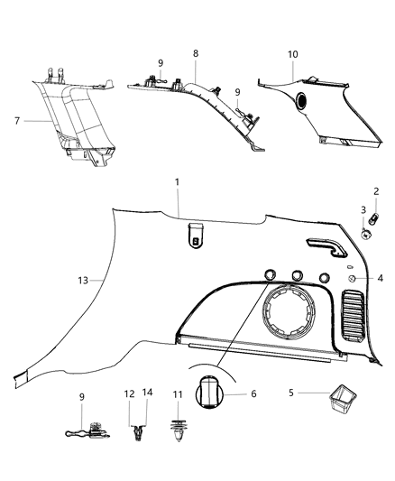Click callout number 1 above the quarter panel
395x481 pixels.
click(x=177, y=182)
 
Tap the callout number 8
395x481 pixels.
click(x=195, y=54)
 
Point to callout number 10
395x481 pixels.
click(x=292, y=54)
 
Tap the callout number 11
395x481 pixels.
click(x=178, y=393)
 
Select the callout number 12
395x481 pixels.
click(x=128, y=393)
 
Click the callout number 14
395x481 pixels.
click(x=147, y=393)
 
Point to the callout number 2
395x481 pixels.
click(x=377, y=191)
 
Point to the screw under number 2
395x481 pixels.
click(x=378, y=217)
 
